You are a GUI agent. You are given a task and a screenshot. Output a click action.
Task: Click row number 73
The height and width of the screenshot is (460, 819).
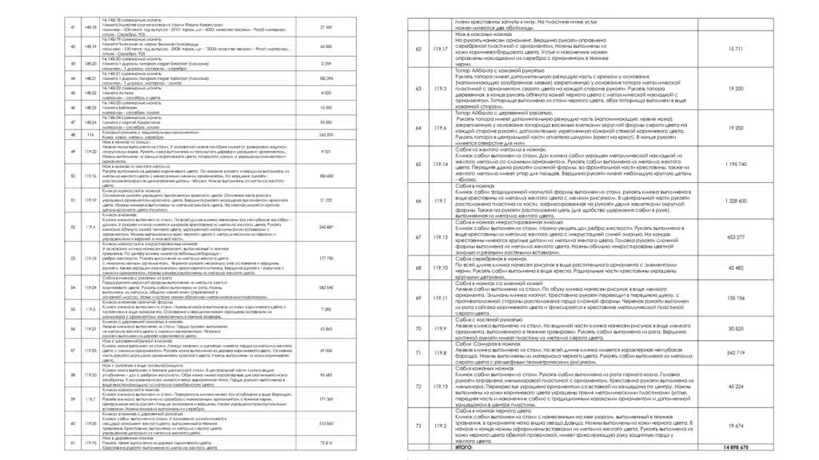(x=419, y=426)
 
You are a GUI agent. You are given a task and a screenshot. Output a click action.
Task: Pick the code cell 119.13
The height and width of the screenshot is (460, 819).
(x=439, y=386)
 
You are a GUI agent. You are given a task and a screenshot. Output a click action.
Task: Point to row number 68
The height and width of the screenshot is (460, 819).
(x=419, y=268)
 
